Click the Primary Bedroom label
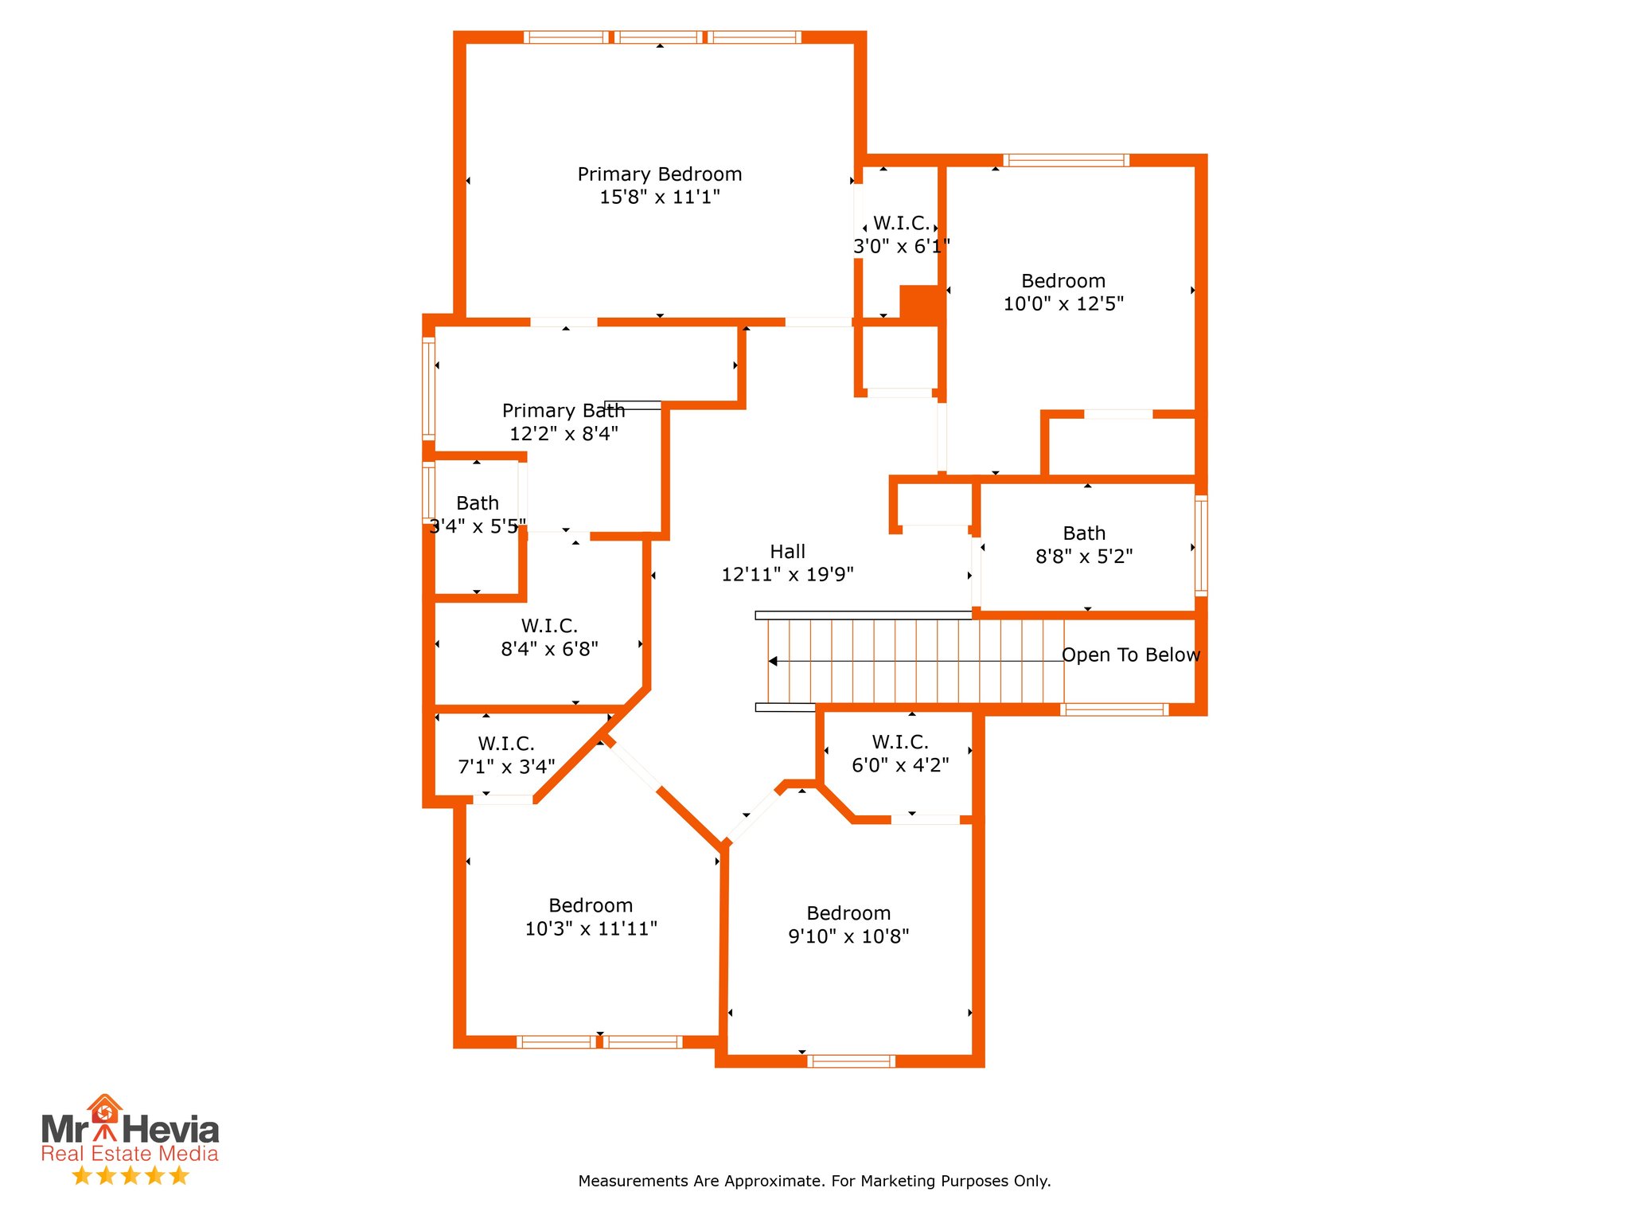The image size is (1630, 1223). (659, 174)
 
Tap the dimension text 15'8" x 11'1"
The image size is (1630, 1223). (659, 197)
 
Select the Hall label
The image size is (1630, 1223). (787, 552)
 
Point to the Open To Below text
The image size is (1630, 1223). (1130, 655)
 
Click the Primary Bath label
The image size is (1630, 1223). (563, 411)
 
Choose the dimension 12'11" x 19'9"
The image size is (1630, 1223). (787, 575)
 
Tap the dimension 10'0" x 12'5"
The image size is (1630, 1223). (1063, 304)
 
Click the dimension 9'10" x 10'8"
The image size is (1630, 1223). (848, 936)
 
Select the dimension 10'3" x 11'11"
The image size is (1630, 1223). (591, 928)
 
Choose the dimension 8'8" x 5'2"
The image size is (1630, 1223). (1084, 557)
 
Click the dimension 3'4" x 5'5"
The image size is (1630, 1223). (478, 526)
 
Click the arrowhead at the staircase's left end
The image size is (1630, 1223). (772, 661)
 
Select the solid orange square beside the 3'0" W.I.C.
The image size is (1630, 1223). (920, 303)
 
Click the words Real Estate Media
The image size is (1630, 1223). (130, 1154)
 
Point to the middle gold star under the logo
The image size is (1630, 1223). (131, 1175)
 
